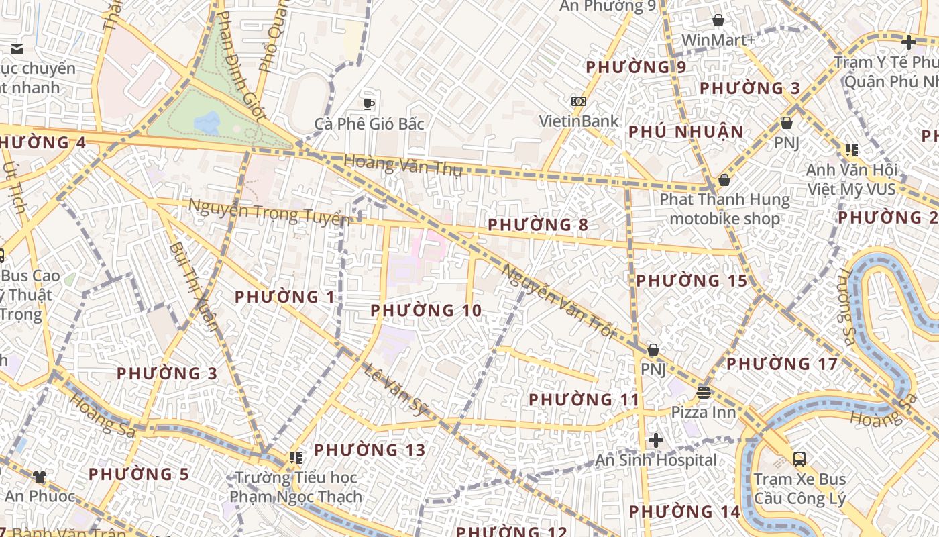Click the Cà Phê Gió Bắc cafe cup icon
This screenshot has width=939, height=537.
point(368,103)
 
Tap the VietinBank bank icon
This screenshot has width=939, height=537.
point(578,101)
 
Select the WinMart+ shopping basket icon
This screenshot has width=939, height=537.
point(718,20)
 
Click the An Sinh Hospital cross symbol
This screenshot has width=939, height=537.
point(656,440)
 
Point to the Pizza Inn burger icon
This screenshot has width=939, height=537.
point(704,392)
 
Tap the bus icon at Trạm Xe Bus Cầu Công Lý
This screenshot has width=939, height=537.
point(799,459)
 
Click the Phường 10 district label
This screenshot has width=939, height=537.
point(426,310)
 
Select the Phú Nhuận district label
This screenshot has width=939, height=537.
point(686,132)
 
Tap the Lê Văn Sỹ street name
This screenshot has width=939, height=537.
point(396,389)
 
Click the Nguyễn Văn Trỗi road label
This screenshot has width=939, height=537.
point(557,301)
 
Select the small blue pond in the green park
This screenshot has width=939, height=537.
point(207,123)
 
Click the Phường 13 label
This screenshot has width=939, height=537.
point(370,450)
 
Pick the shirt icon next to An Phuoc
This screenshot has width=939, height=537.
point(40,477)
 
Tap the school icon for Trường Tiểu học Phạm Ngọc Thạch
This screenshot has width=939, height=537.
point(296,458)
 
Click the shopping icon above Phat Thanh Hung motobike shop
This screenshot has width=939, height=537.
point(724,180)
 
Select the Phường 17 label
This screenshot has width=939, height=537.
point(782,364)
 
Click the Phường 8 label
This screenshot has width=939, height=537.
point(538,224)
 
